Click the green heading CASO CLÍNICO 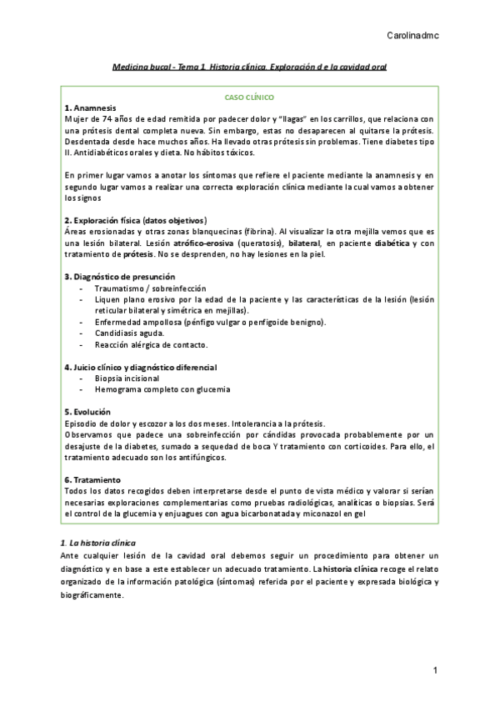(250, 97)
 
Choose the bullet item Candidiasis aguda (129, 333)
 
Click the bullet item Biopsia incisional (127, 378)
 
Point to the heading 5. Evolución (87, 412)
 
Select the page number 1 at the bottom (435, 670)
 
